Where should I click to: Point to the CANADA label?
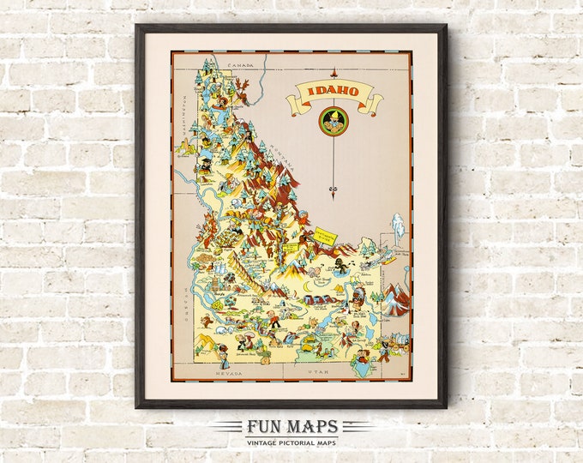point(231,63)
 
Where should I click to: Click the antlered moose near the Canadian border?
point(243,88)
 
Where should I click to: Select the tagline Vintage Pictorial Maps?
point(291,442)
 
